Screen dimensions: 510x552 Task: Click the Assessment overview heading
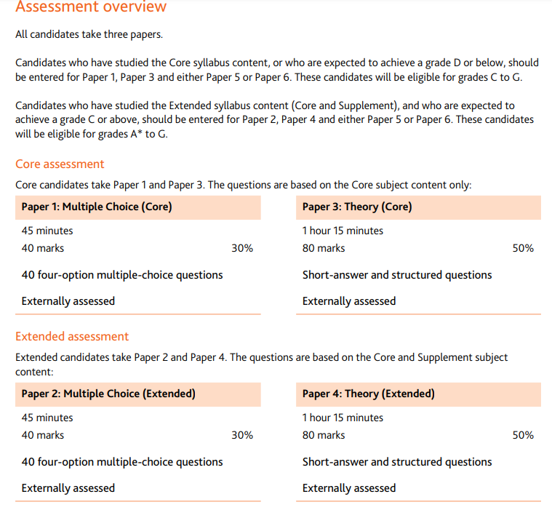(91, 7)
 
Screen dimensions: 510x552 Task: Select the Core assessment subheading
(60, 164)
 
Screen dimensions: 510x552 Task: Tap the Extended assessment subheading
(72, 337)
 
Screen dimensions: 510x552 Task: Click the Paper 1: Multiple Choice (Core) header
(97, 207)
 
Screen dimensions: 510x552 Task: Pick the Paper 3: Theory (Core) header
(357, 207)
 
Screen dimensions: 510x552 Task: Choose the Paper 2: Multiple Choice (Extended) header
(108, 394)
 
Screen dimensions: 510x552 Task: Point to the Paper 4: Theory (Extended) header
(369, 394)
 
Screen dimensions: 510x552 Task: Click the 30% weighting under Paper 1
(242, 248)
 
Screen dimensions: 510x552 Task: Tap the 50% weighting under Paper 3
(523, 248)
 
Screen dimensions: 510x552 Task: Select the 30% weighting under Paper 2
(242, 435)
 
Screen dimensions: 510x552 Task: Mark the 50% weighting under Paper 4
(523, 435)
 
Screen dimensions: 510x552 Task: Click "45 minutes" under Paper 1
(47, 231)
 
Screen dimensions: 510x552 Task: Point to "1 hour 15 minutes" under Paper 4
(343, 418)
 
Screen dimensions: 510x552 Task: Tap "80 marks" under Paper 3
(324, 248)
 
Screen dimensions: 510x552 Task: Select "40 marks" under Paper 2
(43, 435)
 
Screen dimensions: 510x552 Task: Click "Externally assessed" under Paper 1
(68, 301)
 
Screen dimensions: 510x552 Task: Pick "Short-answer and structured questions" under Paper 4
(397, 462)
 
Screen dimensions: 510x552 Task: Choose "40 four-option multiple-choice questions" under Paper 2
(122, 462)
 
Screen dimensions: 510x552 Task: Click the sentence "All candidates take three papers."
(89, 34)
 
